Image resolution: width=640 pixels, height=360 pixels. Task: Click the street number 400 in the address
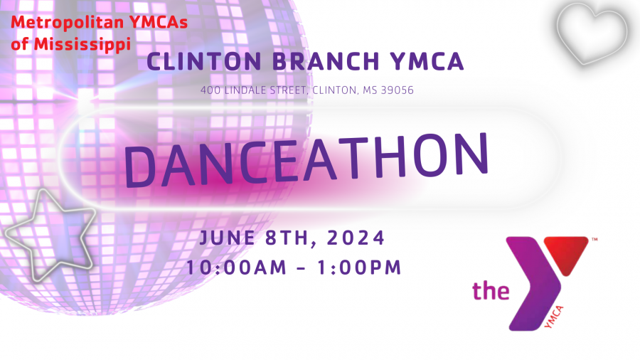click(210, 90)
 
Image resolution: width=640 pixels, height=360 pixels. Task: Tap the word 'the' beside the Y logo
click(491, 290)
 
